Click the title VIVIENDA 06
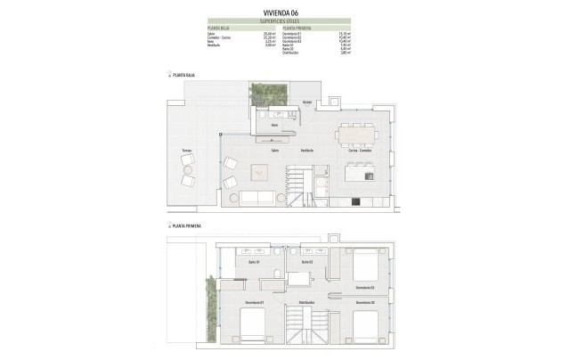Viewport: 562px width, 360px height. (x=281, y=12)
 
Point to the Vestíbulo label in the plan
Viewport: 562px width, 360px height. (x=306, y=151)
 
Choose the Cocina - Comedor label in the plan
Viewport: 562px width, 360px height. (x=360, y=151)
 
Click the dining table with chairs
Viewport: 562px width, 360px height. (x=359, y=134)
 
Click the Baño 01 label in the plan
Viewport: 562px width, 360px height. (x=254, y=262)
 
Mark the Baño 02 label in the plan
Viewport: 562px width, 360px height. (x=306, y=262)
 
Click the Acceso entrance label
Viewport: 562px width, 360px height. (x=306, y=103)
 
